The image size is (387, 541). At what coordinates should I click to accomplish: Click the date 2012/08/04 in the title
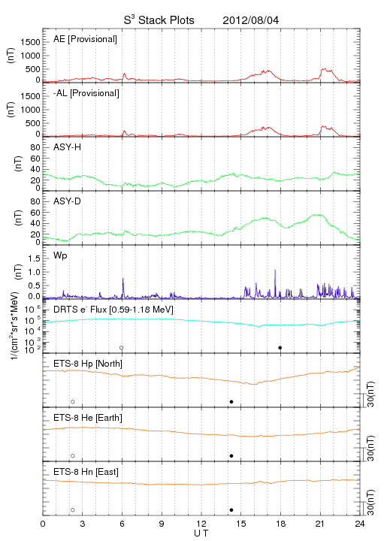(x=251, y=20)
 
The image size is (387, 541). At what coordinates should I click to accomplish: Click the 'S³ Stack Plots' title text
(x=159, y=20)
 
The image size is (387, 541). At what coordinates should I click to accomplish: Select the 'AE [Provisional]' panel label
(x=85, y=39)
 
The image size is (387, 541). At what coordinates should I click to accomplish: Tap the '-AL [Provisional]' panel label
(x=86, y=93)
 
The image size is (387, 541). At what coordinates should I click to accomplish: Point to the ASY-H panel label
(x=68, y=147)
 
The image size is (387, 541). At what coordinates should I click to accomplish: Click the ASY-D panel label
(x=68, y=201)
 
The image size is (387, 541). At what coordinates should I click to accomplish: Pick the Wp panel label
(x=60, y=256)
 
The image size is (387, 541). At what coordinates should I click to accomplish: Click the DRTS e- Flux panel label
(x=113, y=310)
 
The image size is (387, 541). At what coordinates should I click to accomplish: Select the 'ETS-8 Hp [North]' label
(x=88, y=364)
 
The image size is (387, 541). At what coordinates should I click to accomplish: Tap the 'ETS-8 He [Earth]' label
(x=88, y=419)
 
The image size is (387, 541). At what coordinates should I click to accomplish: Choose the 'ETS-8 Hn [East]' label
(x=86, y=472)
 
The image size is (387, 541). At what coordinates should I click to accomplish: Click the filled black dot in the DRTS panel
(x=280, y=348)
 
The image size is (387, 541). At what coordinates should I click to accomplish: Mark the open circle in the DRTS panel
(x=122, y=348)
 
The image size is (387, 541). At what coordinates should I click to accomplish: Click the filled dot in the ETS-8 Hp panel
(x=231, y=401)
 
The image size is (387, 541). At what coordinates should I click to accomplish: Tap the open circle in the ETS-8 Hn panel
(x=73, y=510)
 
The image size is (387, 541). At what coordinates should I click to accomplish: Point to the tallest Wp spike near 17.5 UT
(x=275, y=270)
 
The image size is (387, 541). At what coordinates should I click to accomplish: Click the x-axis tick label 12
(x=201, y=524)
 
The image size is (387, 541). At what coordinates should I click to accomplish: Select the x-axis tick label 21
(x=320, y=524)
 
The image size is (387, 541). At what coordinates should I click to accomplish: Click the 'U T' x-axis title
(x=201, y=533)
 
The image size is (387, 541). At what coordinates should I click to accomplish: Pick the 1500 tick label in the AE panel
(x=30, y=42)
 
